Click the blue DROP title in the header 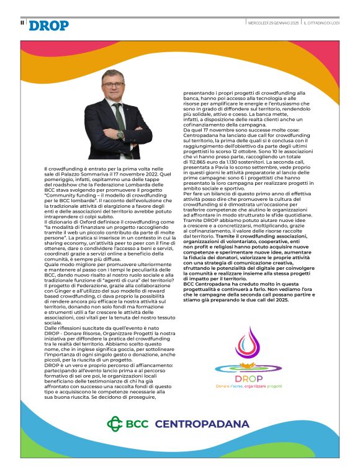pos(49,25)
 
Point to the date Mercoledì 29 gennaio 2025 pos(273,22)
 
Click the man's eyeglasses pos(114,85)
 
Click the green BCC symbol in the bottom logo pos(117,424)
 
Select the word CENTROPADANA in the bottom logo pos(203,425)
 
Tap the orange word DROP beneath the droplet pos(248,378)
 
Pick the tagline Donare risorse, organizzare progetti pos(248,386)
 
